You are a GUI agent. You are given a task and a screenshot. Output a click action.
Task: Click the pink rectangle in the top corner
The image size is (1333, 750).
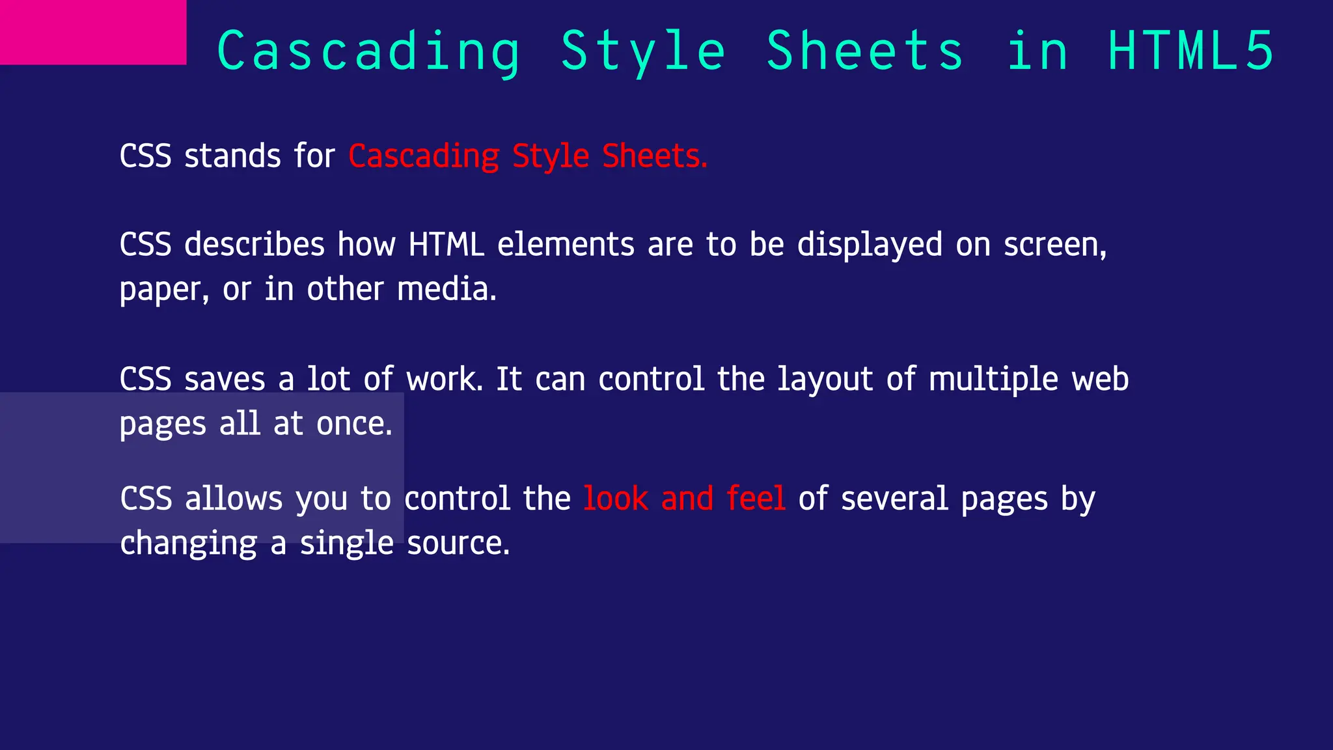click(x=93, y=32)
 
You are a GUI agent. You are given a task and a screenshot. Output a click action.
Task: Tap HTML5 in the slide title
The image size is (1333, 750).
click(x=1190, y=51)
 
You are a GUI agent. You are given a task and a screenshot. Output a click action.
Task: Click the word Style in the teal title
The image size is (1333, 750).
click(x=643, y=51)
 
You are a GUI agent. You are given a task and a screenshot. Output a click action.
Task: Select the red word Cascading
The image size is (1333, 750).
click(x=424, y=156)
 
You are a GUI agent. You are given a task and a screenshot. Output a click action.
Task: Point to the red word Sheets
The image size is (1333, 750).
click(x=653, y=156)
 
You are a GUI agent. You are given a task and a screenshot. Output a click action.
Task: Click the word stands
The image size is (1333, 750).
click(x=232, y=156)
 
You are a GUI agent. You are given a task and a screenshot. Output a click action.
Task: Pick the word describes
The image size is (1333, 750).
click(x=254, y=245)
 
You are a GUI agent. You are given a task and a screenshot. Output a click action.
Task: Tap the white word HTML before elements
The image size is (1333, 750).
click(x=447, y=245)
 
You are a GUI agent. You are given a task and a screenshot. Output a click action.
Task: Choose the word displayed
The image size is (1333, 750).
click(x=870, y=245)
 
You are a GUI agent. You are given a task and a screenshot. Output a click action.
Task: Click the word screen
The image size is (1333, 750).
click(x=1054, y=245)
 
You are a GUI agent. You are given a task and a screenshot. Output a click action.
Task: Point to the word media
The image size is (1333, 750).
click(x=446, y=289)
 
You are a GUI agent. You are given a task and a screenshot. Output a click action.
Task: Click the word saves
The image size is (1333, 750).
click(x=225, y=379)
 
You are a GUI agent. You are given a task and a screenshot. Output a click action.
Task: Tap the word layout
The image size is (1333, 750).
click(x=825, y=379)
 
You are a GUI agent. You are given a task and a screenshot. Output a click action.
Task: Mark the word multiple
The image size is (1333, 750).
click(x=993, y=379)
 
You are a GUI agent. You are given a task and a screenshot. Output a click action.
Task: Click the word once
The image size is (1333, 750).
click(x=353, y=424)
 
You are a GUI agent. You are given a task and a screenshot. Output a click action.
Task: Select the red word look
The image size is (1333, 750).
click(x=615, y=499)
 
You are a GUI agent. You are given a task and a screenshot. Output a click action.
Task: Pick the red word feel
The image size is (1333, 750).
click(x=756, y=499)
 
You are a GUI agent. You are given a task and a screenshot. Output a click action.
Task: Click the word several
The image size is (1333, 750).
click(x=894, y=499)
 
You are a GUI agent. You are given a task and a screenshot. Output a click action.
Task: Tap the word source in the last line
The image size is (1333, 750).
click(x=458, y=543)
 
